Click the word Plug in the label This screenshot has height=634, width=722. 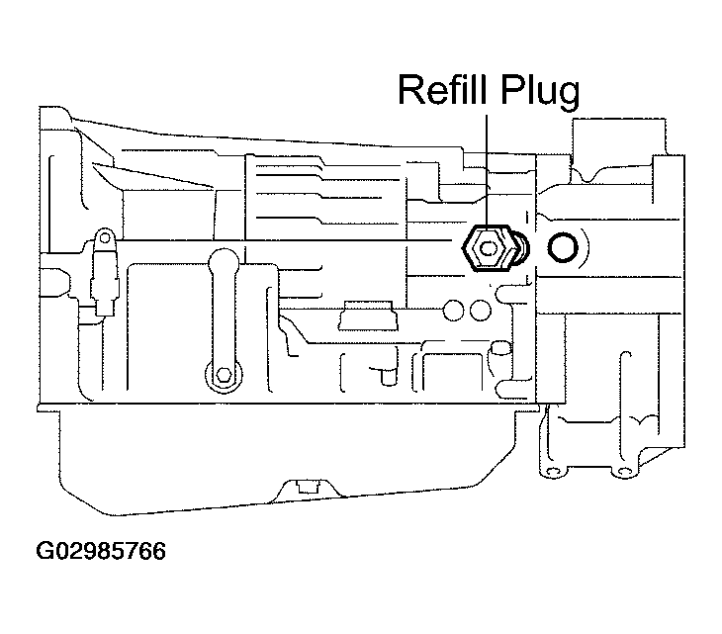(544, 91)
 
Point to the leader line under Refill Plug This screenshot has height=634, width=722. (487, 168)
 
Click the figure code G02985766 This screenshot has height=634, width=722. (100, 549)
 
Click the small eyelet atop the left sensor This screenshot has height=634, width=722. (102, 237)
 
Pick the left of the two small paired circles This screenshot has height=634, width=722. (456, 310)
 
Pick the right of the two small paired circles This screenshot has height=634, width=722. (480, 310)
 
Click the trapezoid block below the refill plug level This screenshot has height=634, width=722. (368, 317)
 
